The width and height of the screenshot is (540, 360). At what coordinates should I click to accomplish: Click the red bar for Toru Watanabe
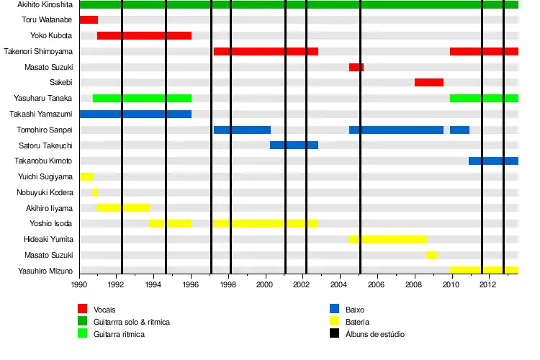click(89, 20)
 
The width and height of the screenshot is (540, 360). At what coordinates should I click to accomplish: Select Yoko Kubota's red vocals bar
click(144, 35)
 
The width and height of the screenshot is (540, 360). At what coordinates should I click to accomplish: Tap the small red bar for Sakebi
click(428, 82)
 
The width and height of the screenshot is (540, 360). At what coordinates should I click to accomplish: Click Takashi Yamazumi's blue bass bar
click(135, 114)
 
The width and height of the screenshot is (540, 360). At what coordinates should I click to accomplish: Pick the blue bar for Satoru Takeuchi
click(294, 145)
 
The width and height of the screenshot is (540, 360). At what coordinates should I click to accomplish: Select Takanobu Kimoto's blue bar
click(493, 161)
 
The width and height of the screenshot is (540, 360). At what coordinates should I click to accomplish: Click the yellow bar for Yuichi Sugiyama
click(86, 176)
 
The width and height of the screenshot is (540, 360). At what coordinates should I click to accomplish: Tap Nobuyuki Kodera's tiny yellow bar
click(95, 192)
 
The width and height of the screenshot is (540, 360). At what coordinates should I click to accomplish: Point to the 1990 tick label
click(79, 285)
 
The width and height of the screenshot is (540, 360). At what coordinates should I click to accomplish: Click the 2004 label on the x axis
click(340, 285)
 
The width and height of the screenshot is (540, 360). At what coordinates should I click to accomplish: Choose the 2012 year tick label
click(488, 285)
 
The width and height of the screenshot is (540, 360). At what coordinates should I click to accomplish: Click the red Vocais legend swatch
click(83, 309)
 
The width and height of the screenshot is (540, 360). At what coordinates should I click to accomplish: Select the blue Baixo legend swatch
click(335, 309)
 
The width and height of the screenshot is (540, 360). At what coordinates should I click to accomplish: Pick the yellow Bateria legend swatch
click(335, 322)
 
